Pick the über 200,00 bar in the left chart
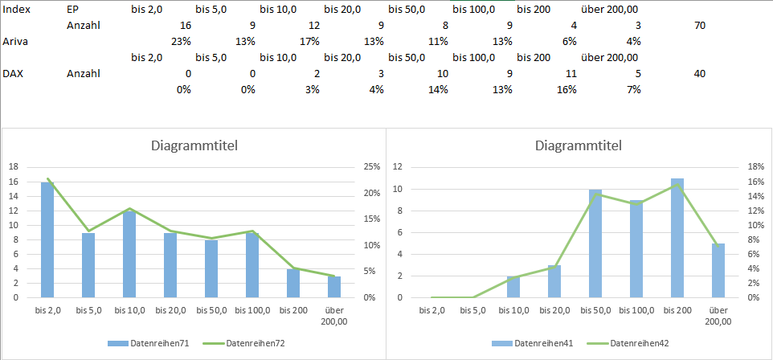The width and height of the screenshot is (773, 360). click(333, 287)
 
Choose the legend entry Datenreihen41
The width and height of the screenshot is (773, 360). click(533, 343)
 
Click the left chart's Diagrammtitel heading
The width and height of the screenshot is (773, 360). click(194, 146)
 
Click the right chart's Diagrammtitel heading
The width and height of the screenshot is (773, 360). click(579, 146)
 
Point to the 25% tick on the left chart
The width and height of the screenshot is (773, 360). click(370, 166)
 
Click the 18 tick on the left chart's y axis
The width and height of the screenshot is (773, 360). click(13, 166)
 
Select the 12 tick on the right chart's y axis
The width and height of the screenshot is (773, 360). click(396, 166)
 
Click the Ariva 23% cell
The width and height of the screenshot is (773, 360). click(180, 41)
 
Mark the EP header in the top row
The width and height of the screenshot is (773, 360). click(73, 9)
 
